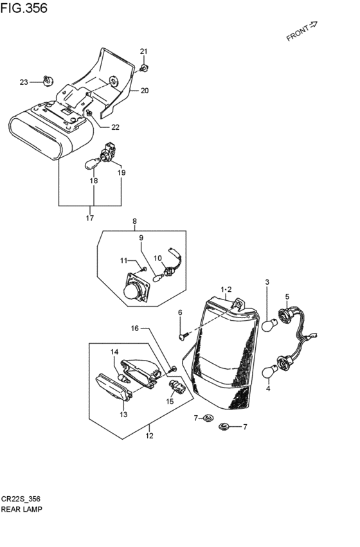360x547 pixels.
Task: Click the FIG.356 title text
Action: pos(24,8)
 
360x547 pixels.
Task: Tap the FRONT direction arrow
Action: pos(313,24)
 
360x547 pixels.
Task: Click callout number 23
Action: pos(24,82)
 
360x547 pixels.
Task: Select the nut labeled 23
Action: pos(48,80)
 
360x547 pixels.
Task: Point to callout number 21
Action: pos(144,51)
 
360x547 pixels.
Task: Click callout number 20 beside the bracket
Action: pos(145,91)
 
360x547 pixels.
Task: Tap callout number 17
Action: pos(90,218)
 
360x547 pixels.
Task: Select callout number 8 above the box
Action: pos(134,221)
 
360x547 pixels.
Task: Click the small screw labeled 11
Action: pos(145,269)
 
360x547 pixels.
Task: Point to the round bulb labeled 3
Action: pos(270,325)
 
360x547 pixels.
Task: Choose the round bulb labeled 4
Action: pos(270,371)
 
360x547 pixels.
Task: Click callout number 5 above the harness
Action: pos(287,297)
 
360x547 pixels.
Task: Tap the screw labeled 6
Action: pos(183,336)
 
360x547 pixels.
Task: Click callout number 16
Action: pos(135,328)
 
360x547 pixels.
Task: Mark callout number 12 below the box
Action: pos(149,436)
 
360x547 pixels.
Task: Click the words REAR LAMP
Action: pos(22,509)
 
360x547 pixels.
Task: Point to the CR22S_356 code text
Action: pos(21,499)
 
